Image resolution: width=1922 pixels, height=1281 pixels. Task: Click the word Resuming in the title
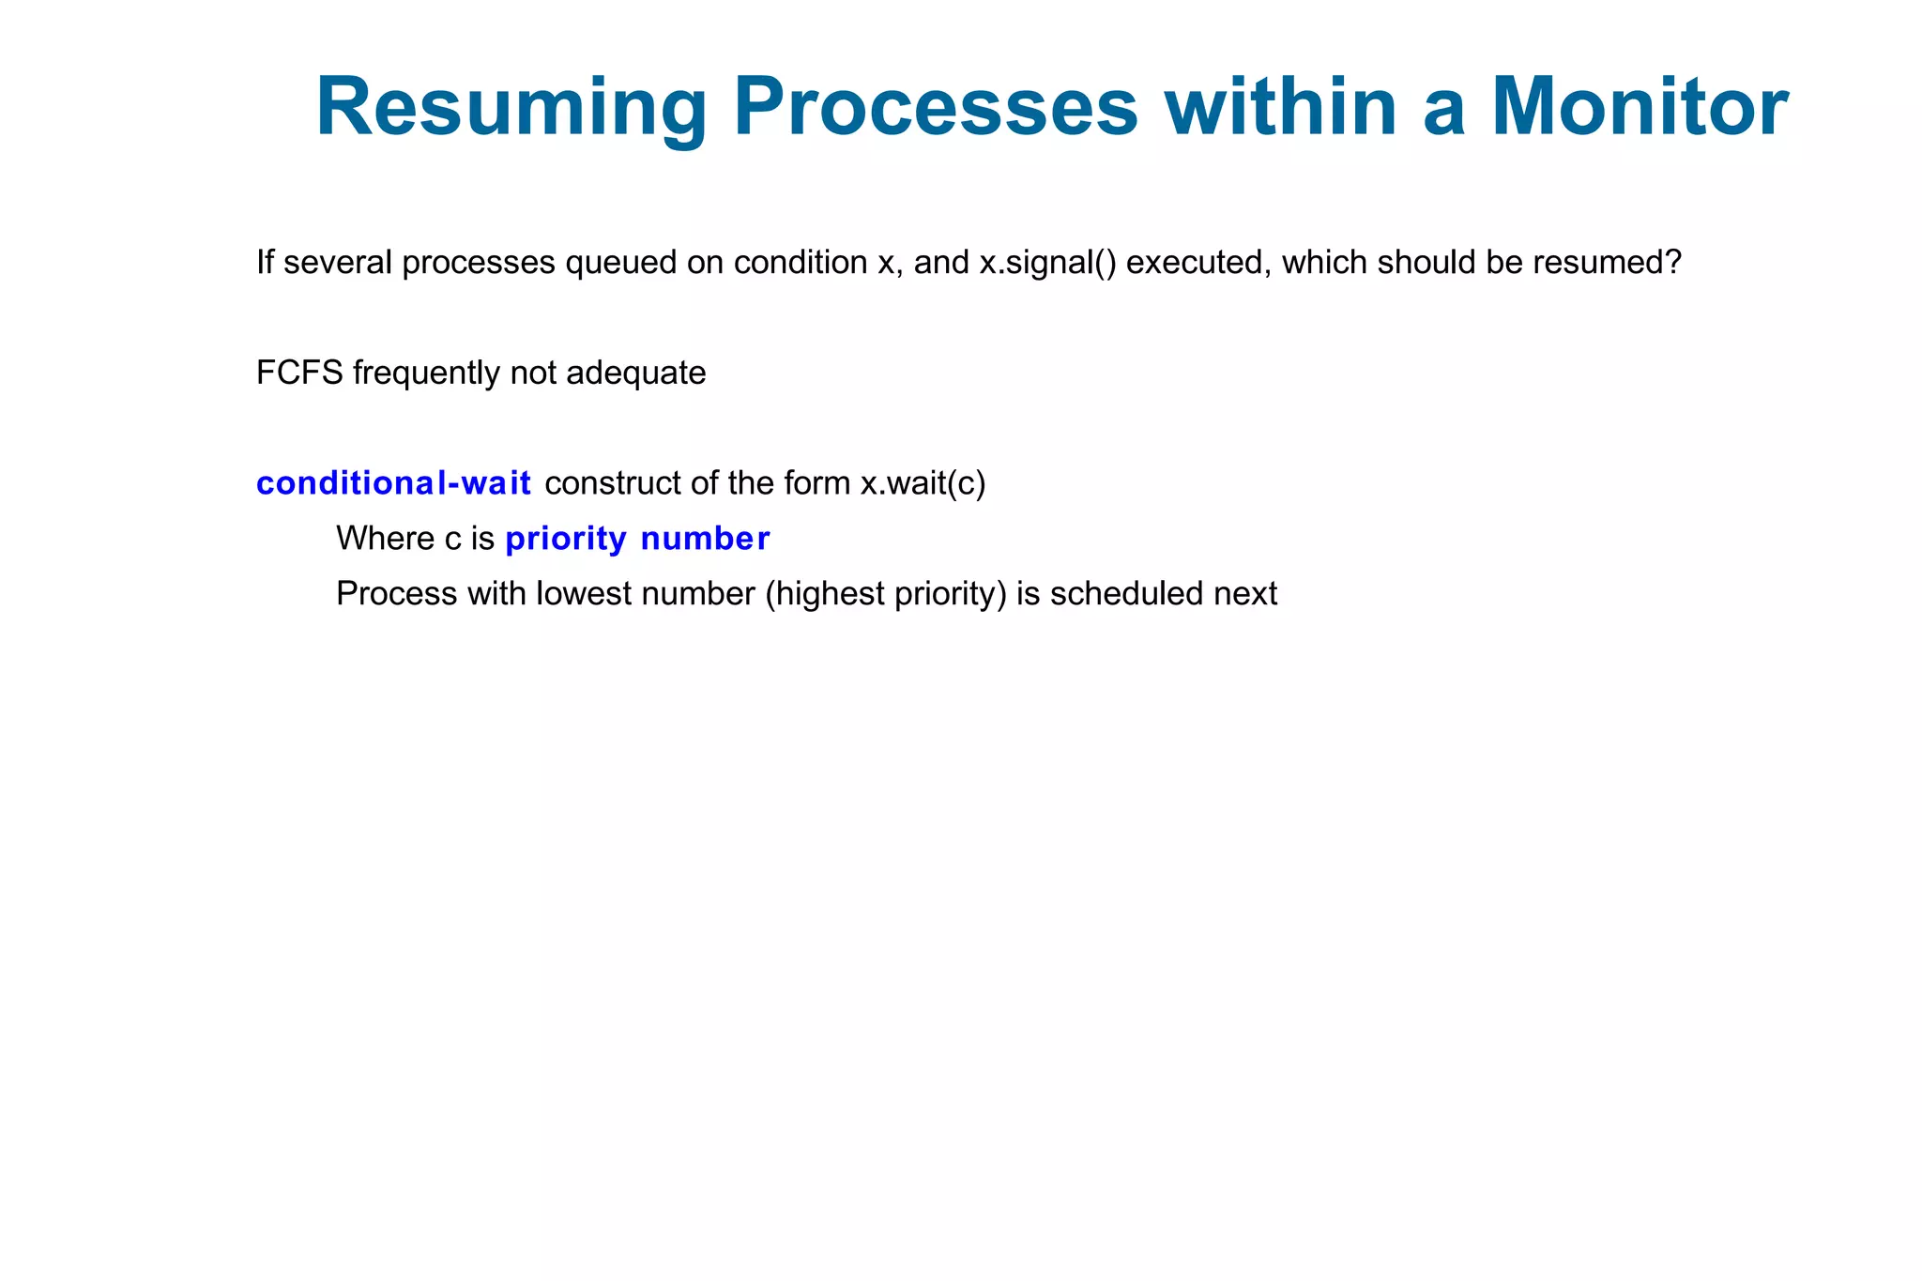pos(511,108)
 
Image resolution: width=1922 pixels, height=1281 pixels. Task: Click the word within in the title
pos(1280,108)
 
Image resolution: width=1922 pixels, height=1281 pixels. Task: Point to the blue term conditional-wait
pos(394,483)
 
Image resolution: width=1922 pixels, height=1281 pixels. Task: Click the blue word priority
pos(566,539)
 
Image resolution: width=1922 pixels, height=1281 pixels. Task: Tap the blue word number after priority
pos(705,539)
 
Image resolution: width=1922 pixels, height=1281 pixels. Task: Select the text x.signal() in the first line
pos(1047,263)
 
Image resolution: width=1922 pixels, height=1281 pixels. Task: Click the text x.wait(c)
pos(923,483)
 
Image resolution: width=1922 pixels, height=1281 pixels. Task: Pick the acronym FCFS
pos(299,374)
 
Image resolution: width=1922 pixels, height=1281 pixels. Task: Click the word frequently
pos(427,374)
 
